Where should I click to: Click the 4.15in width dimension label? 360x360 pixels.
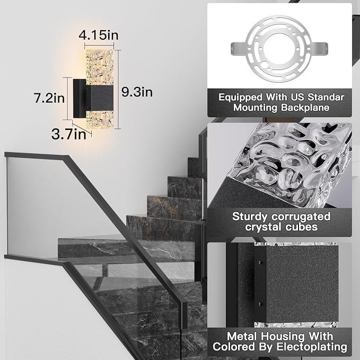(x=99, y=36)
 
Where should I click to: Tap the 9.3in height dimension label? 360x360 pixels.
(x=137, y=92)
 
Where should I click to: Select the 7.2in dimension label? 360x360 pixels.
(x=49, y=98)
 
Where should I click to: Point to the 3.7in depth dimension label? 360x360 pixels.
(x=68, y=134)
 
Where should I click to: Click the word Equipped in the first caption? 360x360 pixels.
(x=240, y=98)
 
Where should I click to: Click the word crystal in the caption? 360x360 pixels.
(x=264, y=227)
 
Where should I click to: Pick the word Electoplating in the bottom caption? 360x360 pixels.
(x=312, y=347)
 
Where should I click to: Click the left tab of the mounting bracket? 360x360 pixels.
(x=239, y=49)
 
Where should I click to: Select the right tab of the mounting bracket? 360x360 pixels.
(x=320, y=49)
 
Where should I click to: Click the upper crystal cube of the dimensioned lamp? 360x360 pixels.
(x=100, y=67)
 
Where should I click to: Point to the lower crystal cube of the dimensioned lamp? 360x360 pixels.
(x=100, y=120)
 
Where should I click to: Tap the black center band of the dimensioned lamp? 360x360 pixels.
(x=100, y=99)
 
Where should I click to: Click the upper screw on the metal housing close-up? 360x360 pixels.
(x=260, y=262)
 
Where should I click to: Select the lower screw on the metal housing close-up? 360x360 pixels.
(x=260, y=304)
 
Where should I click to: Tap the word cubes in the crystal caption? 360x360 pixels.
(x=302, y=227)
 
